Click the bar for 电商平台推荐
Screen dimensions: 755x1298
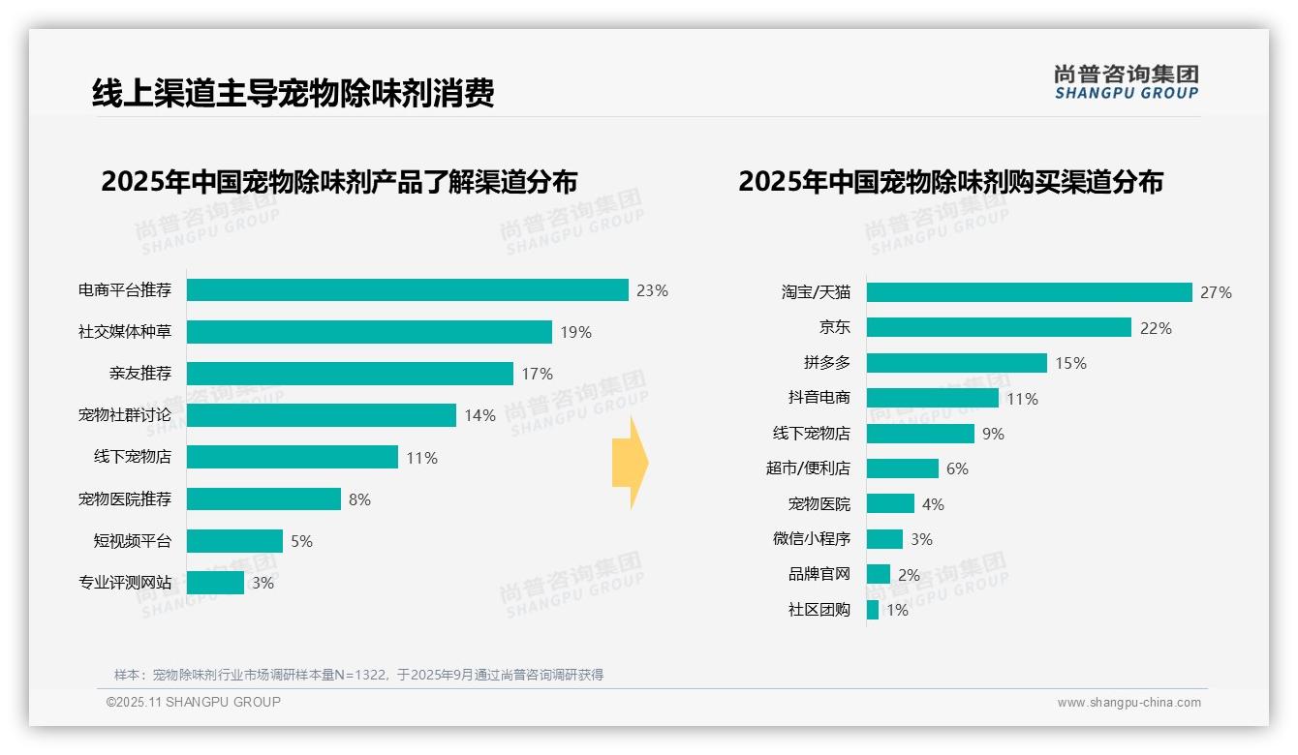[x=407, y=290]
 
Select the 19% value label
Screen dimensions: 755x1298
[x=575, y=333]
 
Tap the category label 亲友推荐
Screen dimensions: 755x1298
[x=140, y=374]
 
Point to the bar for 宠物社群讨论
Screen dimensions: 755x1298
[x=321, y=415]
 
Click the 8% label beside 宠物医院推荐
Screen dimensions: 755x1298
[x=359, y=500]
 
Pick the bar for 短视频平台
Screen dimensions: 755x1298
[x=234, y=541]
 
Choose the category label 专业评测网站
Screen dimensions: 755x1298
[x=125, y=583]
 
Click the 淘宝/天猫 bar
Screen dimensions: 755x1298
[x=1029, y=292]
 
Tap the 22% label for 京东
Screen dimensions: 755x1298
[x=1155, y=329]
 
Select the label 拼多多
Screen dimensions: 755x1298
[x=826, y=363]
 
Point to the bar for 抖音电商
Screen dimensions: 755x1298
[x=932, y=398]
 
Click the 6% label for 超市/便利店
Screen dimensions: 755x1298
[x=957, y=469]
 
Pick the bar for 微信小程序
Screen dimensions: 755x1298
[x=884, y=539]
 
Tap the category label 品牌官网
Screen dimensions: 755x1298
[x=819, y=575]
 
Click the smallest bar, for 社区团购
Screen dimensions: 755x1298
[x=873, y=610]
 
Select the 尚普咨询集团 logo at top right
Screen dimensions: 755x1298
[x=1126, y=81]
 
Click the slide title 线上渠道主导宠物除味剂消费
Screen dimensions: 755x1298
[x=293, y=93]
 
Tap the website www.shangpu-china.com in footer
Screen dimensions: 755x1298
[x=1128, y=703]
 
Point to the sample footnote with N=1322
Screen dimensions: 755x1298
[x=358, y=675]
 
